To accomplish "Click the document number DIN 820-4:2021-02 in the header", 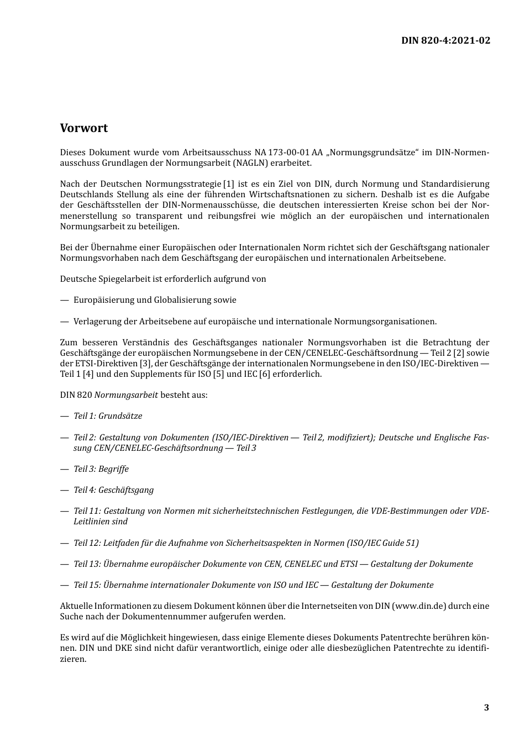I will click(445, 40).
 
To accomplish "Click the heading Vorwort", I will click(84, 128).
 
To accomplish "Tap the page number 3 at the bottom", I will click(486, 708).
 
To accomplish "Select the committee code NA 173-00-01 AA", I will click(288, 152).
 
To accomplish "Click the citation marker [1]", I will click(228, 184).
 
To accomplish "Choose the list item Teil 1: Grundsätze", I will click(108, 416).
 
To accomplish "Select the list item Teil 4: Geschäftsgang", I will click(114, 490).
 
